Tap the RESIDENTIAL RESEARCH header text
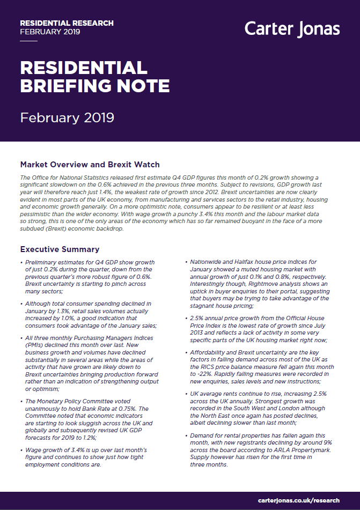[x=67, y=23]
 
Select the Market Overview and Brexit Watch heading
[x=90, y=164]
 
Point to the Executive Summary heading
[x=60, y=249]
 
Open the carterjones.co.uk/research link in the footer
[x=298, y=500]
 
